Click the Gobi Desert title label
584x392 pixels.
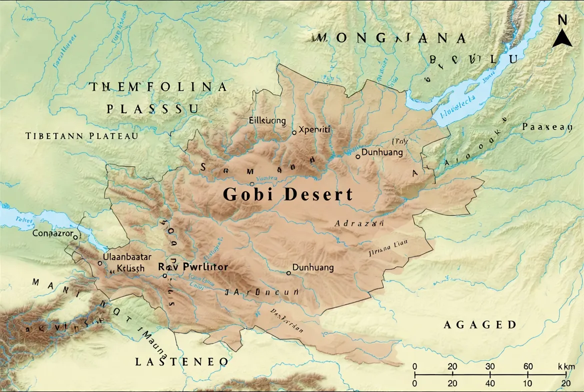(x=287, y=194)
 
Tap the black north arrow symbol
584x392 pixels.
(x=562, y=38)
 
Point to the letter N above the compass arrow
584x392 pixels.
(x=562, y=20)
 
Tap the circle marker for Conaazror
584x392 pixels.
(x=75, y=237)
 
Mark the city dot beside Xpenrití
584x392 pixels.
(x=294, y=132)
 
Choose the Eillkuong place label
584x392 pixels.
(x=267, y=120)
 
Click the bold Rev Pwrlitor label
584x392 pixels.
(x=193, y=267)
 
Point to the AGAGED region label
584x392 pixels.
(x=480, y=325)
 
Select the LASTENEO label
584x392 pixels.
(x=182, y=361)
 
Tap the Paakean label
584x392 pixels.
(x=546, y=127)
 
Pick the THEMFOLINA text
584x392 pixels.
(x=158, y=87)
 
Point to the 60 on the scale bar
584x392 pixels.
(x=528, y=366)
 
